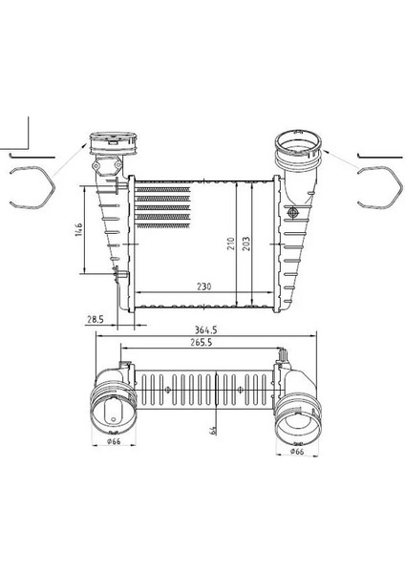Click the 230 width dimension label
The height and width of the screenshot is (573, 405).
point(204,286)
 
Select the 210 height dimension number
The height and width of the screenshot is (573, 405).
point(230,244)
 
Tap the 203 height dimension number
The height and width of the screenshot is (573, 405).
point(246,244)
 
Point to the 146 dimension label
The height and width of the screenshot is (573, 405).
point(79,229)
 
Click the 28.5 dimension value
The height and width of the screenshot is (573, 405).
point(95,319)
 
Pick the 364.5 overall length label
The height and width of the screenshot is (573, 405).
point(205,330)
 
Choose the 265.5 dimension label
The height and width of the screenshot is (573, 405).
point(201,343)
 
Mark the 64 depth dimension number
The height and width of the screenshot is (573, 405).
point(213,430)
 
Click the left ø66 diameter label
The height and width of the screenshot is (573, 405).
point(114,441)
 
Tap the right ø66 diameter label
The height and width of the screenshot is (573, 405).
point(297,452)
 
